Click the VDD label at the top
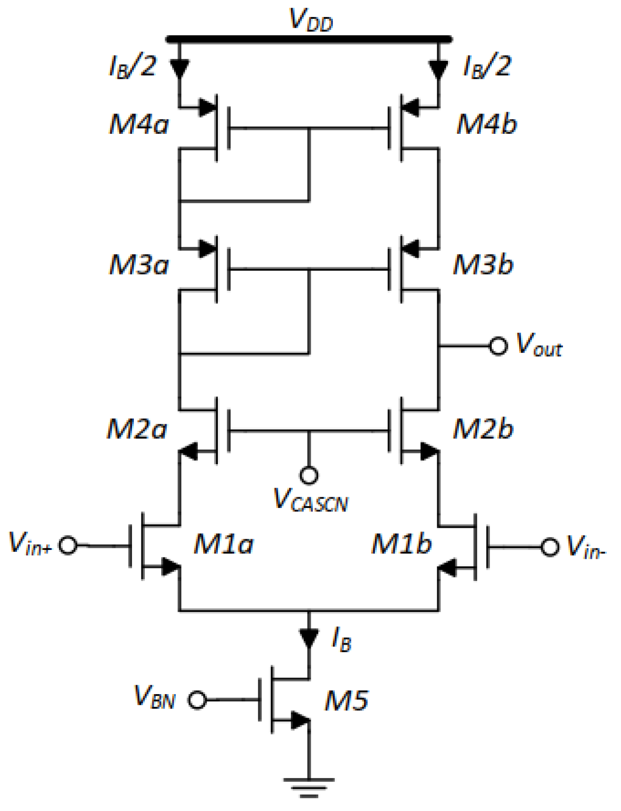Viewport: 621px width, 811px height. [310, 20]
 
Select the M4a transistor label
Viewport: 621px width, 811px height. [139, 125]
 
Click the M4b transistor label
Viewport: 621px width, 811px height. [486, 124]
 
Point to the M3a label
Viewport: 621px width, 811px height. [139, 265]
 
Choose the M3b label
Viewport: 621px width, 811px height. [483, 264]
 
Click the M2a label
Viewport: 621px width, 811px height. [137, 429]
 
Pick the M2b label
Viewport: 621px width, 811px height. [483, 429]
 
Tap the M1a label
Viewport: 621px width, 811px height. [224, 544]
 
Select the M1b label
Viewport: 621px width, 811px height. [401, 544]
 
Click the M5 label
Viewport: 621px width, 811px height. [347, 700]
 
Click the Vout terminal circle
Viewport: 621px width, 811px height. [498, 346]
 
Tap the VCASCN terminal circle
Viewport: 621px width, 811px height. [309, 475]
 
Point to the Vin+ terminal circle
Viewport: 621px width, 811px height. [69, 545]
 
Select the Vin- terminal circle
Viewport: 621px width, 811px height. [550, 547]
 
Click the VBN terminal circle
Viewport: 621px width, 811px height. [197, 700]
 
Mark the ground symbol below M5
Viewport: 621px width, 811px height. [309, 787]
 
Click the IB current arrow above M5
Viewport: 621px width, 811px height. [309, 637]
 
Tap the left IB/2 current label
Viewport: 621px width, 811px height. [132, 66]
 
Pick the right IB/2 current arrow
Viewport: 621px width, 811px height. [439, 69]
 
